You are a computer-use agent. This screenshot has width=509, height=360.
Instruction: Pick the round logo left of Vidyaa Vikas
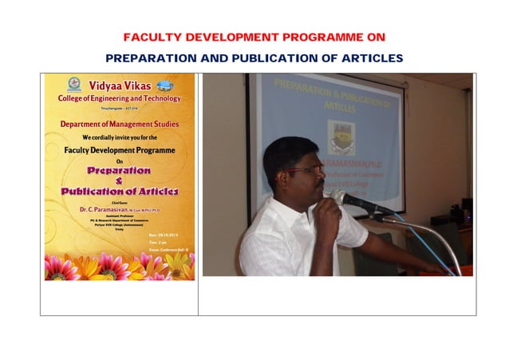pyautogui.click(x=74, y=85)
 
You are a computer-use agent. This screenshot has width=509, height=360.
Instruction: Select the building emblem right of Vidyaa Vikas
pyautogui.click(x=165, y=85)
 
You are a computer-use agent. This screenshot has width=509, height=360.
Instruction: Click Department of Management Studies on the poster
pyautogui.click(x=120, y=125)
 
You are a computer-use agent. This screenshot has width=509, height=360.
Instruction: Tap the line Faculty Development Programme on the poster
pyautogui.click(x=120, y=150)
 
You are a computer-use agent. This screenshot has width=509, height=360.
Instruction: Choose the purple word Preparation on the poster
pyautogui.click(x=119, y=171)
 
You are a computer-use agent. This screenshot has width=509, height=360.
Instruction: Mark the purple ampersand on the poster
pyautogui.click(x=119, y=181)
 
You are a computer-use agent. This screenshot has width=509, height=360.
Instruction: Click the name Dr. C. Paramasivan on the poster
pyautogui.click(x=105, y=209)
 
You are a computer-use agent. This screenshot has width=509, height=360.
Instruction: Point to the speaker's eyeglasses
pyautogui.click(x=306, y=170)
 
